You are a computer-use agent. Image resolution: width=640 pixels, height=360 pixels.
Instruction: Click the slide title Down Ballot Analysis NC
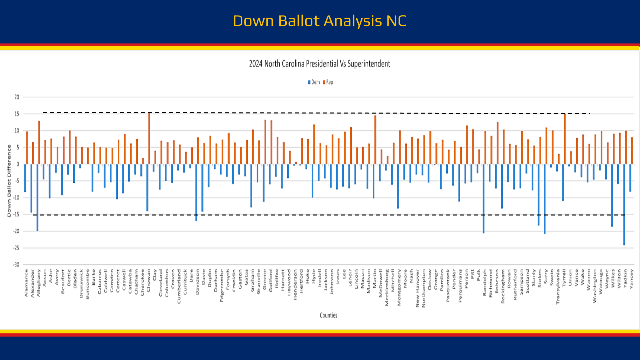[x=319, y=21]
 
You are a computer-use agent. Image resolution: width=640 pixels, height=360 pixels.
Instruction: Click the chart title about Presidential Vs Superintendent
[x=319, y=64]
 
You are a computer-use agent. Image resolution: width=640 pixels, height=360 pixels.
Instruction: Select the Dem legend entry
[x=314, y=82]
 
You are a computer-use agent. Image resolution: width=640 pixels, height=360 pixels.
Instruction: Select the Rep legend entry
[x=328, y=82]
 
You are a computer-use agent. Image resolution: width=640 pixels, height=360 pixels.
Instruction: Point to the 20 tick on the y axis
[x=16, y=97]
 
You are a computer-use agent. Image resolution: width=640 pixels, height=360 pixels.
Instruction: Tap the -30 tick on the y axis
[x=16, y=264]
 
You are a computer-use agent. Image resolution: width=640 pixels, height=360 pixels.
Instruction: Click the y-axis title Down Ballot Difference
[x=9, y=181]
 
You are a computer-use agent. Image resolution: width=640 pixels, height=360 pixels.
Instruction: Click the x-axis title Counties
[x=328, y=315]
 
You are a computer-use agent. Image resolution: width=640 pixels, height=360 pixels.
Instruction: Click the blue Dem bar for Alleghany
[x=37, y=197]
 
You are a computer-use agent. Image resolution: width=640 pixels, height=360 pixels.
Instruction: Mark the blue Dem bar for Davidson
[x=196, y=192]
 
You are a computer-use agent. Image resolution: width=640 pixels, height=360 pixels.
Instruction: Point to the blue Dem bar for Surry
[x=544, y=199]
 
